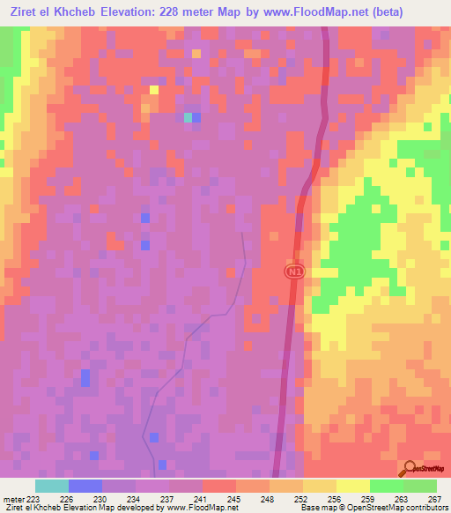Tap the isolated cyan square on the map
coord(189,117)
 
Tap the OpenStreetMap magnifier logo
coord(411,469)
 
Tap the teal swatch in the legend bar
coord(52,486)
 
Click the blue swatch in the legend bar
coord(85,486)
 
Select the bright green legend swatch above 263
coord(386,486)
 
